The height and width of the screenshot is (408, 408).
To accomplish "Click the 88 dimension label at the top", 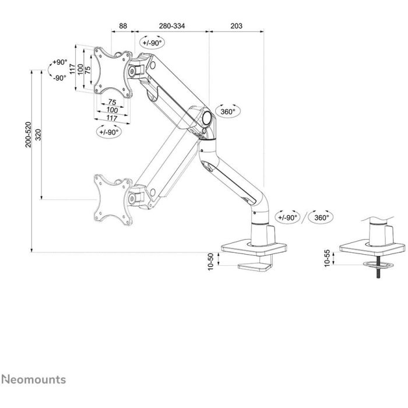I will pyautogui.click(x=123, y=26).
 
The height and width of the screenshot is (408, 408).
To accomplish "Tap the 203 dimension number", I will pyautogui.click(x=236, y=26).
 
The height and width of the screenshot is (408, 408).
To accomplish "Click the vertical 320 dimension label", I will pyautogui.click(x=38, y=135).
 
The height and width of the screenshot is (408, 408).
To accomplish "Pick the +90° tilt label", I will pyautogui.click(x=60, y=62).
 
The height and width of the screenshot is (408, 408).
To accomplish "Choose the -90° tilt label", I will pyautogui.click(x=60, y=78).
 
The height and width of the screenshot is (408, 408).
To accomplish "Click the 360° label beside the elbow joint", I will pyautogui.click(x=228, y=111).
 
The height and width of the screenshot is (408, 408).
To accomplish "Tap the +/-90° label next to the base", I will pyautogui.click(x=287, y=217).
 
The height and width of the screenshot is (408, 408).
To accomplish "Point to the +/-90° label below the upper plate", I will pyautogui.click(x=108, y=132).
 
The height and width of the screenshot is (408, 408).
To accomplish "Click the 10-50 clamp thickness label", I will pyautogui.click(x=210, y=260).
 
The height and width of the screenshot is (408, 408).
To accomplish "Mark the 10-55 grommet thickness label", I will pyautogui.click(x=328, y=257).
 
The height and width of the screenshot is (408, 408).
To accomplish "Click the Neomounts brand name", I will pyautogui.click(x=33, y=380).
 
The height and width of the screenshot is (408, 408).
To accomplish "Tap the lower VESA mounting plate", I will pyautogui.click(x=113, y=199).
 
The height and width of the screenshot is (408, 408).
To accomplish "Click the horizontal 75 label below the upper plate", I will pyautogui.click(x=111, y=103).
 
